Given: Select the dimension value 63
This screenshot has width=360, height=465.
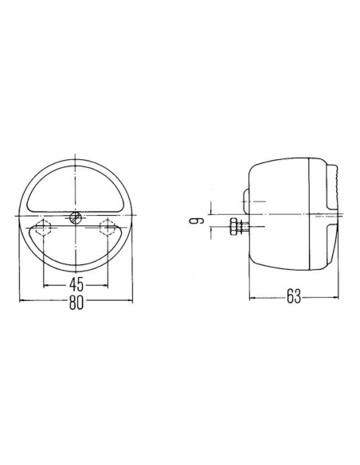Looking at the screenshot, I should pyautogui.click(x=293, y=299).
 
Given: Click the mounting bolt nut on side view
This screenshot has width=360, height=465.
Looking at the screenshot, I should pyautogui.click(x=233, y=227).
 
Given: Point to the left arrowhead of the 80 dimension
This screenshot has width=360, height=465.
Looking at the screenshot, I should pyautogui.click(x=20, y=301).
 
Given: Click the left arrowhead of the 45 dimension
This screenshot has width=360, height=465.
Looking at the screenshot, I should pyautogui.click(x=45, y=283).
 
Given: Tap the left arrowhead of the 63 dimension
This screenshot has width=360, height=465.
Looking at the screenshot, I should pyautogui.click(x=252, y=299).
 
